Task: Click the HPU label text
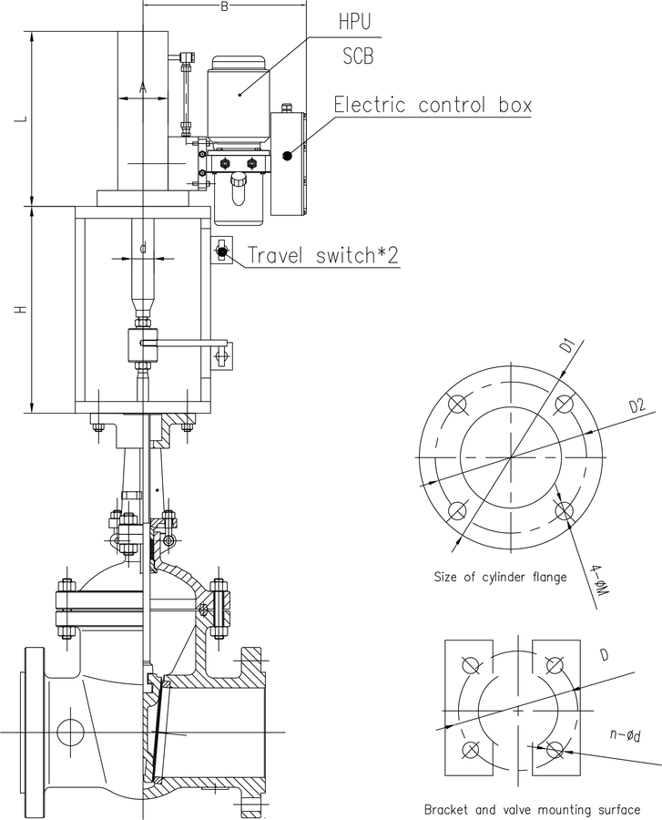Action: point(355,22)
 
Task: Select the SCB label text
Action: point(359,56)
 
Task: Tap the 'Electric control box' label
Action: point(433,105)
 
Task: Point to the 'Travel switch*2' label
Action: point(323,255)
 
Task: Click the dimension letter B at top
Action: point(224,6)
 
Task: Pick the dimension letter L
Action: point(21,119)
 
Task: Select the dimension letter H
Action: point(21,310)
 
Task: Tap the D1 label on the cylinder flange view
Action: point(568,346)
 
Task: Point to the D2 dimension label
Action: point(637,405)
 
